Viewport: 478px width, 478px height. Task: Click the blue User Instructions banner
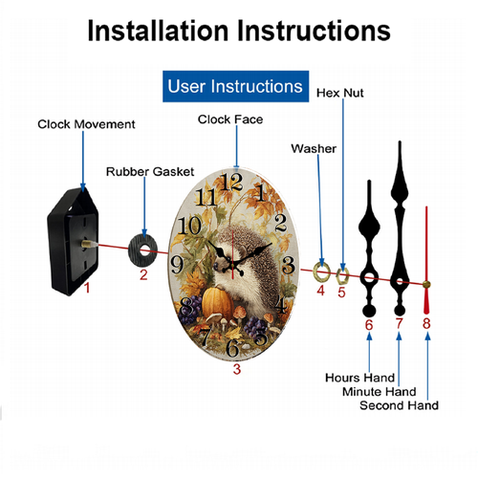point(235,86)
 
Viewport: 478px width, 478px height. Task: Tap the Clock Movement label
point(86,124)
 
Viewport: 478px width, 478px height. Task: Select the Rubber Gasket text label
point(150,172)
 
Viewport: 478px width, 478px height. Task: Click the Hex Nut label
point(339,93)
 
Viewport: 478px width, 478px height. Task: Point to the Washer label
point(314,148)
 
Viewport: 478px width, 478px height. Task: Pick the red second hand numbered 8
point(426,260)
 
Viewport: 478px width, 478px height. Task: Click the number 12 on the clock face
point(231,183)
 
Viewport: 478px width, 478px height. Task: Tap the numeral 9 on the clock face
point(177,265)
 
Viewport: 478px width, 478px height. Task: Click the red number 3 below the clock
point(236,369)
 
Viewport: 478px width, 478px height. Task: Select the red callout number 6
point(369,325)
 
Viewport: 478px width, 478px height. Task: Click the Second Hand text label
point(399,405)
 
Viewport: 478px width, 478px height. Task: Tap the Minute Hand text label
point(380,391)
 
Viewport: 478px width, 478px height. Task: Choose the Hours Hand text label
point(359,378)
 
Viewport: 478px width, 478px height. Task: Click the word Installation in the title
point(158,31)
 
